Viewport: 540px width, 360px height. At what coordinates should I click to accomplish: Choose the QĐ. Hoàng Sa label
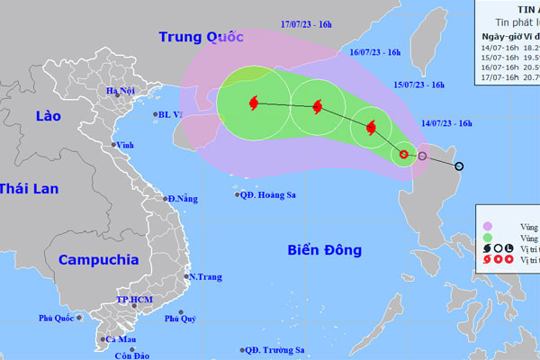click(x=272, y=194)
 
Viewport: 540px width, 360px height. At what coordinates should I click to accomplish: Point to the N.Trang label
click(x=204, y=277)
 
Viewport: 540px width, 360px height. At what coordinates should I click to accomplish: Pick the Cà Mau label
click(x=120, y=339)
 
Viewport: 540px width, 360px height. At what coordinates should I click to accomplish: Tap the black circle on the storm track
click(x=459, y=166)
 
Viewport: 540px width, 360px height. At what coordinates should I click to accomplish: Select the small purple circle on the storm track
click(x=422, y=157)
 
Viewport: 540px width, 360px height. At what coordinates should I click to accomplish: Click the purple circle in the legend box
click(x=487, y=226)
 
